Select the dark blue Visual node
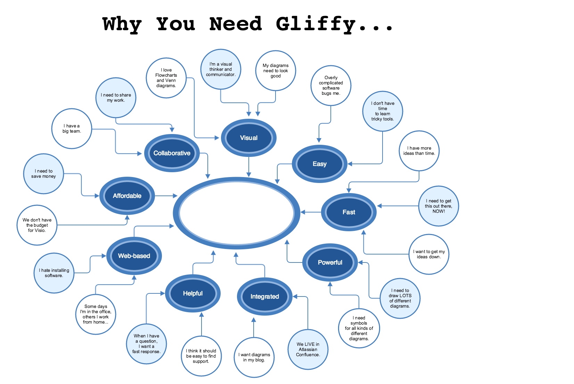pos(249,138)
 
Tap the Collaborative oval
pos(172,153)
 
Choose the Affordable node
pos(127,196)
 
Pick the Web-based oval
pos(134,256)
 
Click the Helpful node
pos(193,293)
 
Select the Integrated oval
pos(265,297)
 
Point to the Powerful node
pos(330,262)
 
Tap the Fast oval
pos(349,212)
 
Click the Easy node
pos(320,164)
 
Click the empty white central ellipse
pos(237,212)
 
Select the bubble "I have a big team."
pos(72,129)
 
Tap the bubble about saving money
pos(43,174)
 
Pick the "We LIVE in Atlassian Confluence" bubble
pos(308,349)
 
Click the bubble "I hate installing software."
pos(54,273)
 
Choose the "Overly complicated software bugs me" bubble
pos(331,85)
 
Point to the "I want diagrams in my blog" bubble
pos(254,357)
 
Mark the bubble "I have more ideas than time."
pos(419,151)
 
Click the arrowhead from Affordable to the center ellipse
pos(175,196)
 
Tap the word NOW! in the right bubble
pos(438,211)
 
